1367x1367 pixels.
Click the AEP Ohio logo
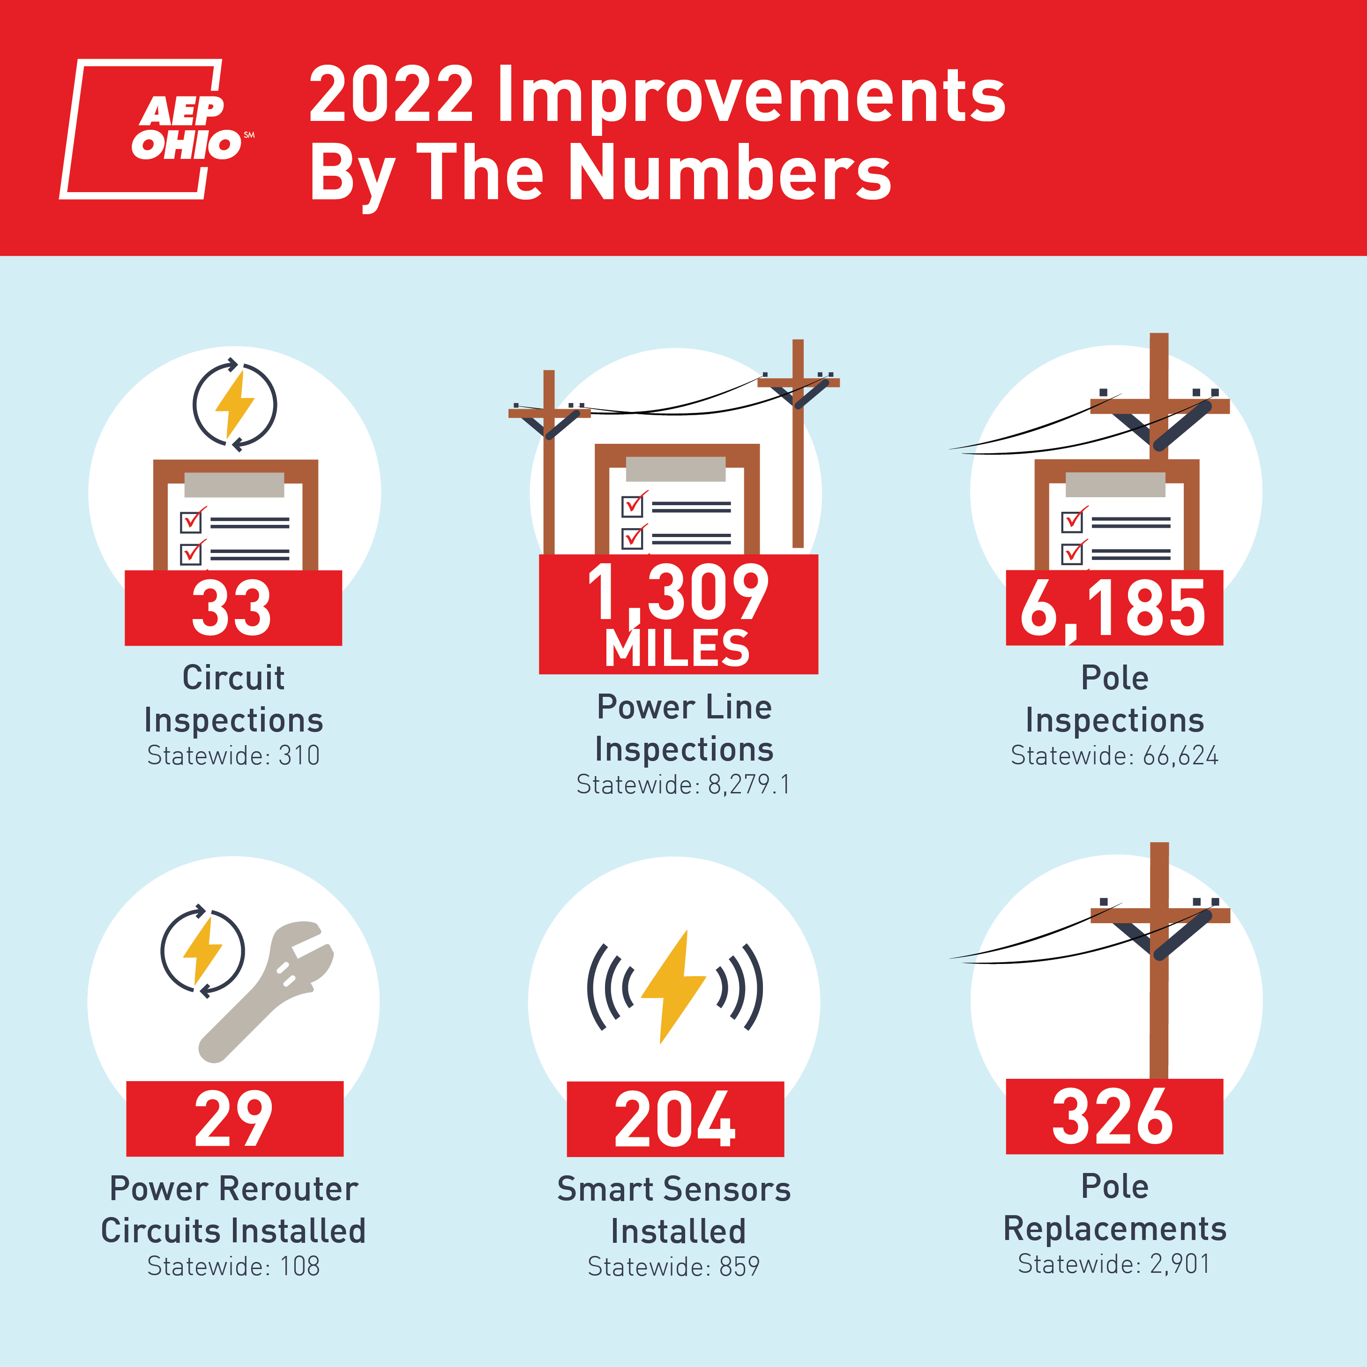(157, 129)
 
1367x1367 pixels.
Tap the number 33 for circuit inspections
(232, 608)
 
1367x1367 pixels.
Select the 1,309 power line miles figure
(678, 593)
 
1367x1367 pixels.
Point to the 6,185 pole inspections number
(1113, 608)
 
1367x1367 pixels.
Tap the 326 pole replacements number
(1113, 1117)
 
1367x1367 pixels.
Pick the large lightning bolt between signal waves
(673, 986)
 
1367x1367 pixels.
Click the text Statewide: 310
(233, 756)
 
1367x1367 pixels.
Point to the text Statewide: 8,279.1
(683, 784)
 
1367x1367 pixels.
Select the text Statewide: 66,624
(1114, 756)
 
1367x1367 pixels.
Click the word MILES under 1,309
(677, 648)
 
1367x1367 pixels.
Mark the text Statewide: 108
(233, 1266)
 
